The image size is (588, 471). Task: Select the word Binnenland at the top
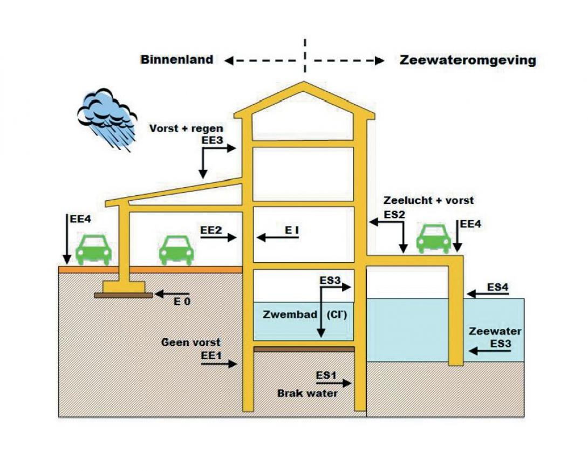click(x=177, y=60)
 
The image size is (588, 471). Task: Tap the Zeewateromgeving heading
click(x=468, y=60)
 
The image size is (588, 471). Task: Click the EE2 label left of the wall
click(x=211, y=230)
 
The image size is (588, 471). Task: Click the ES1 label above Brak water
click(x=326, y=375)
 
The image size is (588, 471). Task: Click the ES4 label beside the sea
click(x=498, y=287)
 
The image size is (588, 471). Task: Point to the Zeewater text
click(x=495, y=331)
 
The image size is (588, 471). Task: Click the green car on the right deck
click(x=434, y=238)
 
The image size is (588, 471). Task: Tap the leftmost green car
click(x=93, y=249)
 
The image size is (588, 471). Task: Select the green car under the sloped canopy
click(x=176, y=249)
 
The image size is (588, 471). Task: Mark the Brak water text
click(x=307, y=393)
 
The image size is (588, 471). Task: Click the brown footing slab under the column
click(x=124, y=295)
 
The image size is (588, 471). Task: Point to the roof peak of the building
click(x=304, y=85)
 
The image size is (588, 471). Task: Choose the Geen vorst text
click(x=191, y=343)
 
